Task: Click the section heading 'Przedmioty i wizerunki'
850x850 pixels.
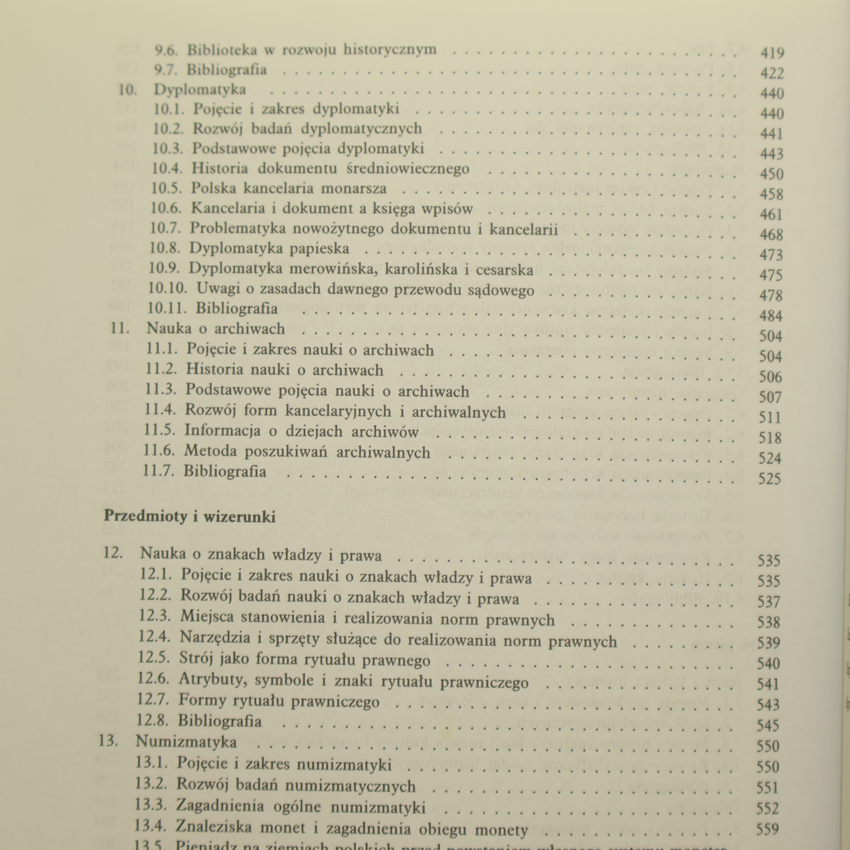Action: [190, 516]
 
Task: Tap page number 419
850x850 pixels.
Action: [772, 53]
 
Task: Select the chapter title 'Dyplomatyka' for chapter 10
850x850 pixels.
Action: [200, 89]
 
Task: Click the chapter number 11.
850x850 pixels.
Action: [120, 328]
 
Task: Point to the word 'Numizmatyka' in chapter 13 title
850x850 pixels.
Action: [186, 741]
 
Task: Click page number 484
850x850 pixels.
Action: [771, 316]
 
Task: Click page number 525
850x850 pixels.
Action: [770, 479]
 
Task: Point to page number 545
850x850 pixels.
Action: [768, 725]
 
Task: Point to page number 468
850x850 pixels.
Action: [771, 234]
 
